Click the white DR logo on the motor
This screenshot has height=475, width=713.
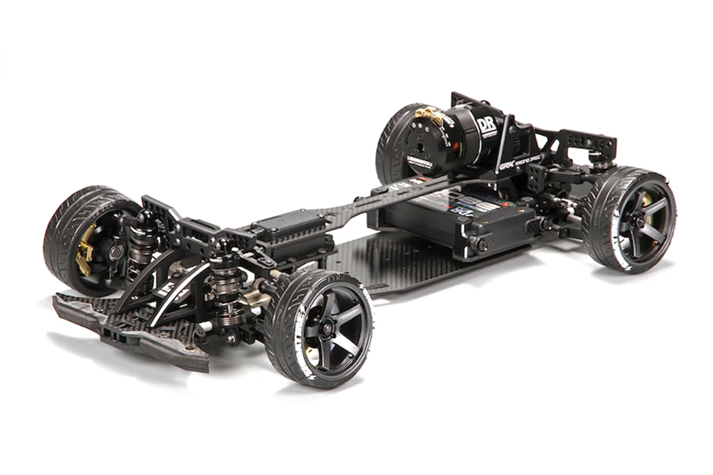[x=486, y=125]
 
